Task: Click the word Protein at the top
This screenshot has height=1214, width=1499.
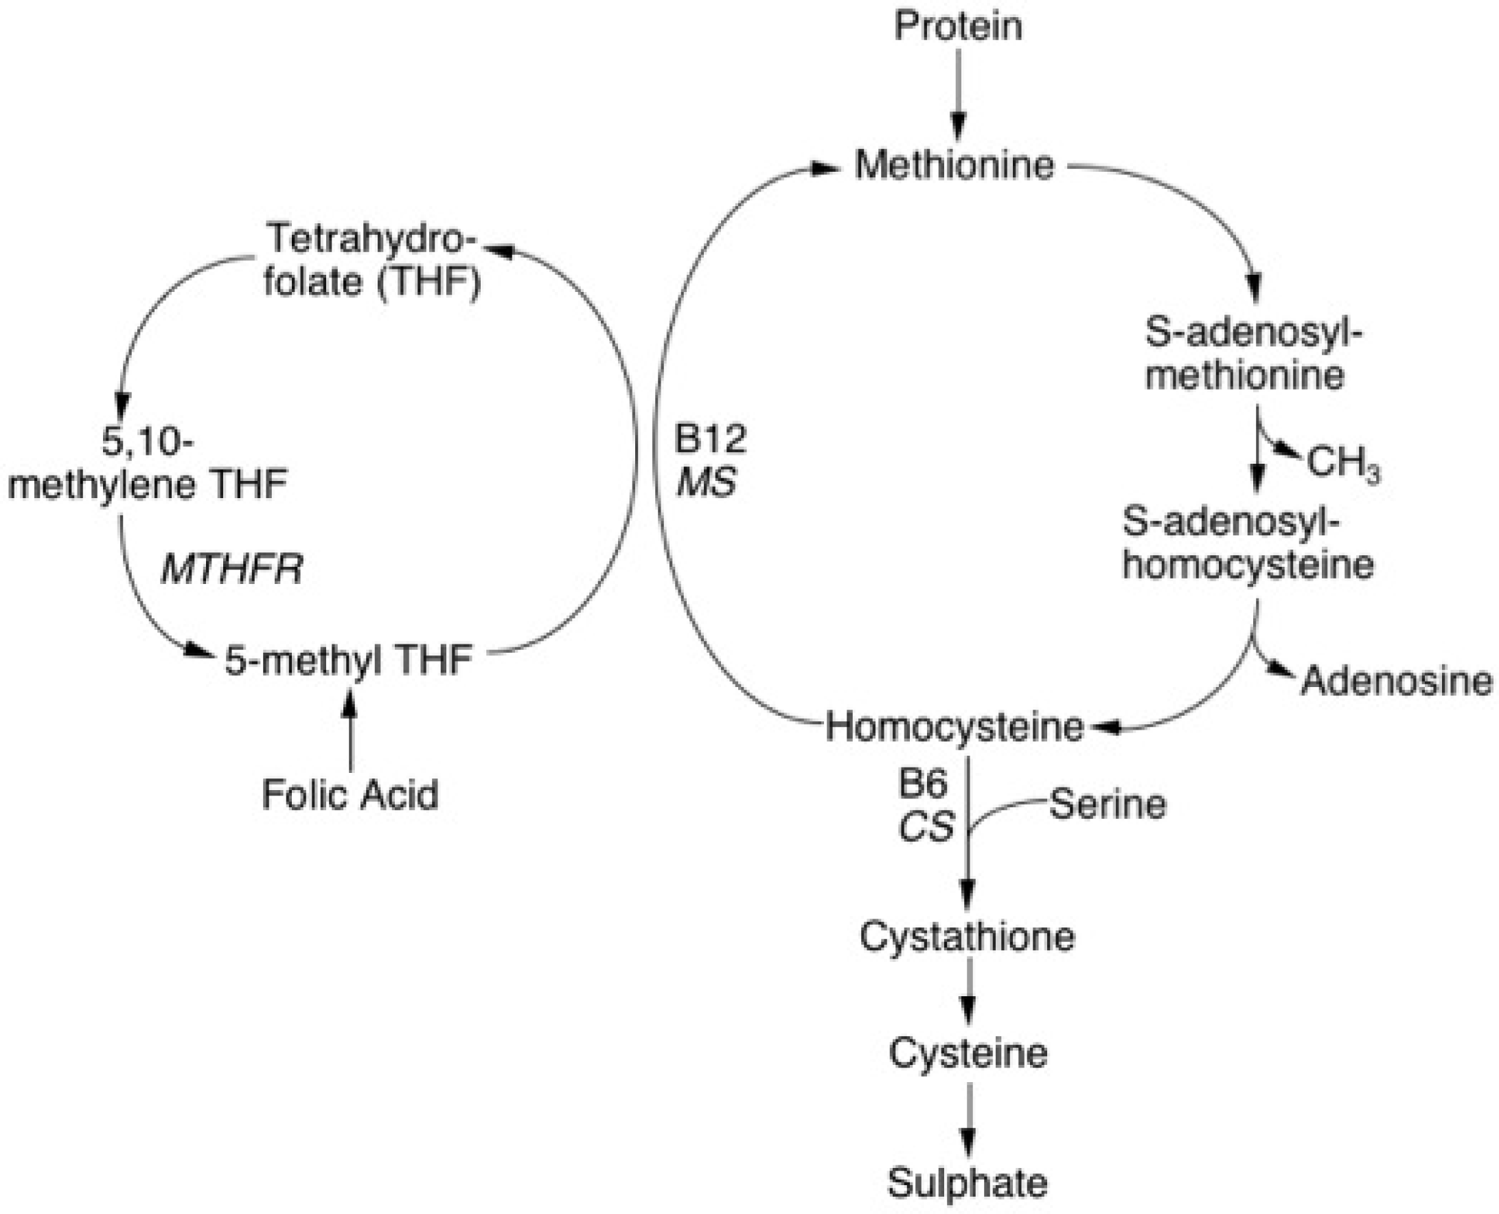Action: click(x=958, y=26)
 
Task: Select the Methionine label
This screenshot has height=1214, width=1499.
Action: click(x=954, y=166)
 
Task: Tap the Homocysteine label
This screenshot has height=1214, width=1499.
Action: click(x=954, y=728)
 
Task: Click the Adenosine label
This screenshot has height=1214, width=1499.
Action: click(x=1396, y=680)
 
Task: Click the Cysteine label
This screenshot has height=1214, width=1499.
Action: click(x=968, y=1053)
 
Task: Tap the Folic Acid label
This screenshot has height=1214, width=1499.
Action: click(x=350, y=794)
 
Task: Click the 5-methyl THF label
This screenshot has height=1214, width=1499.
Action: click(x=349, y=660)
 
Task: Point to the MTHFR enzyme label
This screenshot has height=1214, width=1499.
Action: click(x=233, y=570)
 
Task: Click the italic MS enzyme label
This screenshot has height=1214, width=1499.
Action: click(x=706, y=482)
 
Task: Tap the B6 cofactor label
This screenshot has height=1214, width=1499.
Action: click(x=922, y=785)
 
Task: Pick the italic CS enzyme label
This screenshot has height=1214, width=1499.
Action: click(x=926, y=828)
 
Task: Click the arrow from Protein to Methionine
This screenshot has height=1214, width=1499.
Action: click(x=958, y=96)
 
